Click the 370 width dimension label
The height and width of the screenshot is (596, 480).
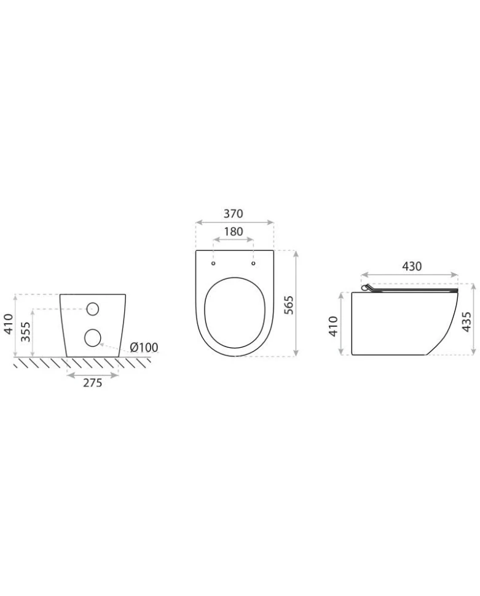pyautogui.click(x=233, y=214)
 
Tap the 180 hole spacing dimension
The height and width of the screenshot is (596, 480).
pyautogui.click(x=233, y=232)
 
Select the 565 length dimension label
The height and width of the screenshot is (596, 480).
pyautogui.click(x=289, y=305)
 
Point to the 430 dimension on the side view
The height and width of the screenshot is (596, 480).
pyautogui.click(x=412, y=266)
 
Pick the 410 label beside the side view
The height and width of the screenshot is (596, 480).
pyautogui.click(x=333, y=326)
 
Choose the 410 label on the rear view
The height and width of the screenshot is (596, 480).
pyautogui.click(x=9, y=324)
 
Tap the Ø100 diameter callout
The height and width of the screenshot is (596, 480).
pyautogui.click(x=144, y=347)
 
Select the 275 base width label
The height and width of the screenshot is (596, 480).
pyautogui.click(x=93, y=383)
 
